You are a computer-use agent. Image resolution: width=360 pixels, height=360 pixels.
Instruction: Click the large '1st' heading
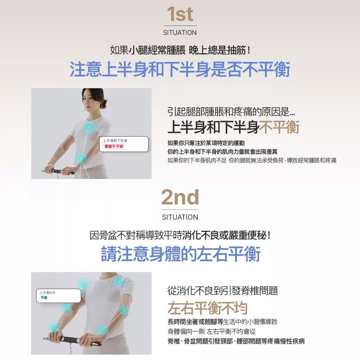point(180,14)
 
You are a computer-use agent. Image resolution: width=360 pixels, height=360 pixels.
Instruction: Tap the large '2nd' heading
point(180,197)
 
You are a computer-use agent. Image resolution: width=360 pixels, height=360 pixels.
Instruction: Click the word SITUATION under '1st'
point(180,33)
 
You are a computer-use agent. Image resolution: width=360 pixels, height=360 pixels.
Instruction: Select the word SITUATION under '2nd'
point(180,217)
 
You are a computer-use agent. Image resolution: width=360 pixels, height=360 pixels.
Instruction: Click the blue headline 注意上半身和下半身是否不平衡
point(180,69)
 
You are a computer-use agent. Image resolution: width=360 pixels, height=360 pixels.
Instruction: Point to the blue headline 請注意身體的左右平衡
point(180,254)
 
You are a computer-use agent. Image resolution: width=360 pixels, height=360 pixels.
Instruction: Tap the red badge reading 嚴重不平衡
point(114,147)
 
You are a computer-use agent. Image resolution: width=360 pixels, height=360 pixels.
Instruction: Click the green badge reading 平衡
point(44,298)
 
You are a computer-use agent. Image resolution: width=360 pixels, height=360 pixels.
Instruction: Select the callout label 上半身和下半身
point(115,140)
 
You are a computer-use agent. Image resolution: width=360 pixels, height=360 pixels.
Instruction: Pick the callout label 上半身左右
point(47,292)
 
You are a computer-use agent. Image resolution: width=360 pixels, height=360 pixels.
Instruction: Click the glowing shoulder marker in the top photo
point(89,127)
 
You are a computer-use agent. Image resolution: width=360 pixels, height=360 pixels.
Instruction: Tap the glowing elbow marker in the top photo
point(81,158)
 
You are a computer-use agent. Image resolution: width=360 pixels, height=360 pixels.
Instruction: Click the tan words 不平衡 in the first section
point(279,127)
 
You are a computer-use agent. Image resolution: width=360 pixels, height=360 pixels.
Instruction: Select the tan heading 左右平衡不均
point(208,308)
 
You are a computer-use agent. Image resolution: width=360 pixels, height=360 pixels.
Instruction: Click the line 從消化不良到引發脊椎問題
point(223,291)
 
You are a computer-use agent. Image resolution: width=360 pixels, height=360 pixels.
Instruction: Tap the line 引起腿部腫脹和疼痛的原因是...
point(231,112)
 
